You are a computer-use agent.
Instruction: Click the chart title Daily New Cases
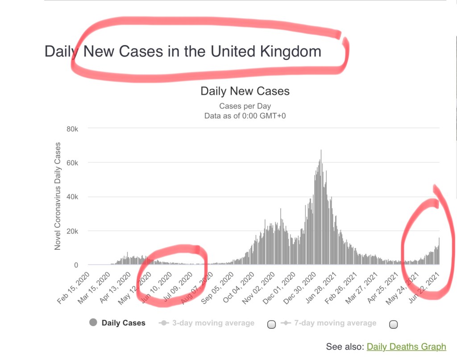(x=245, y=91)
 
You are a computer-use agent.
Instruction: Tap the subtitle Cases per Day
(x=245, y=106)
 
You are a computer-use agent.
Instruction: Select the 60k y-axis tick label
(x=72, y=163)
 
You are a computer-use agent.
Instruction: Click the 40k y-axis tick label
(x=72, y=197)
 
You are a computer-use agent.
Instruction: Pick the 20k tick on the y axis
(x=72, y=231)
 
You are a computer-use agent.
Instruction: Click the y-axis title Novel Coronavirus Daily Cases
(x=58, y=196)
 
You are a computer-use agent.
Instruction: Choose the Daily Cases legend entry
(x=124, y=323)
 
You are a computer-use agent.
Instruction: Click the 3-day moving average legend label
(x=213, y=323)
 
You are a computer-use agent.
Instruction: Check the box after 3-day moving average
(x=271, y=324)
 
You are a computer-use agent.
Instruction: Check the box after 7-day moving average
(x=394, y=324)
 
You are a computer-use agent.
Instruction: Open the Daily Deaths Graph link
(x=406, y=347)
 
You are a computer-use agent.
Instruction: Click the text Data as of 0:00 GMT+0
(x=245, y=116)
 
